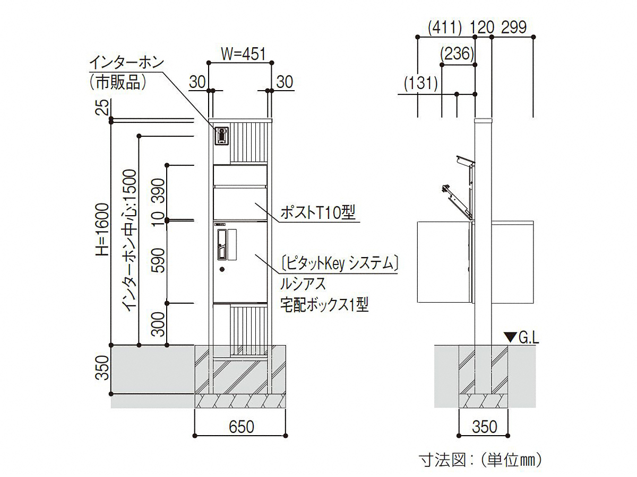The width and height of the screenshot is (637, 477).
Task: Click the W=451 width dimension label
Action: (243, 54)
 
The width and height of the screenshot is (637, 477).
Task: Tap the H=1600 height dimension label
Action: (104, 229)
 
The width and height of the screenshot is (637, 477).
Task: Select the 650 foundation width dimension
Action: (241, 427)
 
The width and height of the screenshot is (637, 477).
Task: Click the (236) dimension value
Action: (457, 54)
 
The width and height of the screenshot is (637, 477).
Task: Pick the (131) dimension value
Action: (421, 83)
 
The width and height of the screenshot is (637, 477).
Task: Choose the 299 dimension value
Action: (514, 28)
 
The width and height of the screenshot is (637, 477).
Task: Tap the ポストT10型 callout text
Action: (318, 213)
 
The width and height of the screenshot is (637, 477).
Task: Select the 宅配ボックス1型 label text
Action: (324, 305)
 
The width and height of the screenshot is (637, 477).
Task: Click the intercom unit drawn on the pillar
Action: (221, 136)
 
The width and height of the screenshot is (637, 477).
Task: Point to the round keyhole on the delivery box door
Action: (222, 269)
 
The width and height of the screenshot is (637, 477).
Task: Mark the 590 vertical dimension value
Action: (159, 260)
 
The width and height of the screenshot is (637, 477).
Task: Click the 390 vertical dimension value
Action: (159, 191)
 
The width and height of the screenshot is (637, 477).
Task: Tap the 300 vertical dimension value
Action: (159, 324)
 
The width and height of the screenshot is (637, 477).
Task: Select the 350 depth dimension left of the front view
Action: (104, 368)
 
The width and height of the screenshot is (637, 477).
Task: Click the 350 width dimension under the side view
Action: (484, 427)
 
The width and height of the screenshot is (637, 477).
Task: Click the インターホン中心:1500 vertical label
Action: (130, 241)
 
